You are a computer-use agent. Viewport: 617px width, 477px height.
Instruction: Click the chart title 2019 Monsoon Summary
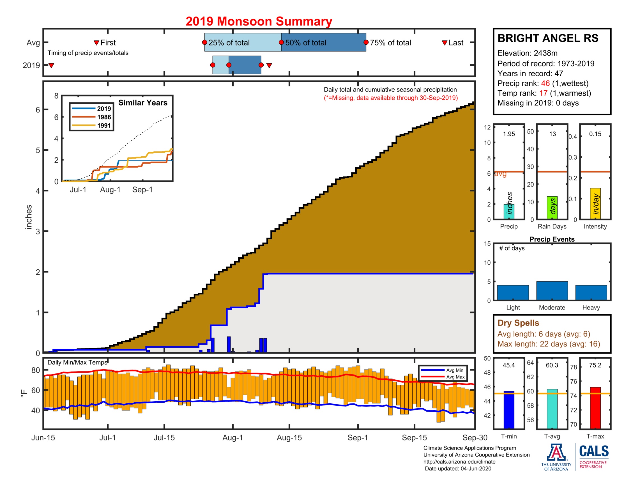click(x=259, y=22)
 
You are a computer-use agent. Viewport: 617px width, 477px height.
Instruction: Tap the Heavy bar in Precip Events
click(x=591, y=292)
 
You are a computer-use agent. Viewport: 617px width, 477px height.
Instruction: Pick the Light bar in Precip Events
click(x=513, y=292)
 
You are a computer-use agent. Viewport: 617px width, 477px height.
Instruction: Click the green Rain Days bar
click(x=552, y=208)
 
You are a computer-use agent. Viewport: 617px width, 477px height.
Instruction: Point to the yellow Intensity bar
click(x=595, y=203)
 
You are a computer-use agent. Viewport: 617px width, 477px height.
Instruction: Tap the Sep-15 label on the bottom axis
click(x=414, y=437)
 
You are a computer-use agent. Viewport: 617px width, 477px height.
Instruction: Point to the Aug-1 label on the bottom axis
click(x=232, y=437)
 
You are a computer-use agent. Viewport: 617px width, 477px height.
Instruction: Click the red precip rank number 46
click(x=545, y=83)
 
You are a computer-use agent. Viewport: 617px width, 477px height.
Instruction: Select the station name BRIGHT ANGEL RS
click(x=548, y=38)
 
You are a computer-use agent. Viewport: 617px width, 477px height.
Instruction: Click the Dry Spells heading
click(x=518, y=323)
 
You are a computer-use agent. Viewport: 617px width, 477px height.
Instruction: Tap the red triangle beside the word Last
click(x=445, y=43)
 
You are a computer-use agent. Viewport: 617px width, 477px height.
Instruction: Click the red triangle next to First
click(x=96, y=43)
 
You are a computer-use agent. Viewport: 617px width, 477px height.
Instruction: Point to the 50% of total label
click(x=306, y=43)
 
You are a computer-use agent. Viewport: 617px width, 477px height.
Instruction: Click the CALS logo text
click(x=594, y=451)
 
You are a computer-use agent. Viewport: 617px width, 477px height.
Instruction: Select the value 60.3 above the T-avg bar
click(x=552, y=365)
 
